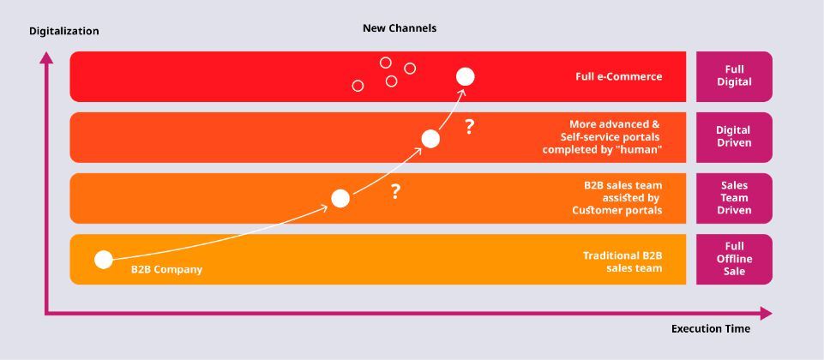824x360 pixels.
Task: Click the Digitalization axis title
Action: pyautogui.click(x=64, y=32)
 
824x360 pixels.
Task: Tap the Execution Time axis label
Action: pyautogui.click(x=711, y=329)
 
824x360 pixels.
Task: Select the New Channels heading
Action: pyautogui.click(x=400, y=28)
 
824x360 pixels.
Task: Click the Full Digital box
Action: pyautogui.click(x=734, y=76)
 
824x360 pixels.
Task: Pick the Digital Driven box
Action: pyautogui.click(x=734, y=137)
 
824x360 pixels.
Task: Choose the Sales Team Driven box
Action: pyautogui.click(x=734, y=198)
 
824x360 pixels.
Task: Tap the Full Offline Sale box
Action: pyautogui.click(x=734, y=259)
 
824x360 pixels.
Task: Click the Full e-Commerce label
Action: pyautogui.click(x=618, y=77)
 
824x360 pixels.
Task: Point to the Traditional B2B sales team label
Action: pyautogui.click(x=623, y=261)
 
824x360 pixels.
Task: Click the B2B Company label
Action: pyautogui.click(x=166, y=270)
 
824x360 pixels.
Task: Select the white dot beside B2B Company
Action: pyautogui.click(x=104, y=260)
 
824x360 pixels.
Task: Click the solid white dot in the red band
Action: pyautogui.click(x=465, y=77)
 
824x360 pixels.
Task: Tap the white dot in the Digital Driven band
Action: pyautogui.click(x=430, y=139)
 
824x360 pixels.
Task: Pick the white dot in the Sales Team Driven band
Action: pyautogui.click(x=340, y=198)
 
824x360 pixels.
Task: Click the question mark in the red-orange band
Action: pyautogui.click(x=469, y=127)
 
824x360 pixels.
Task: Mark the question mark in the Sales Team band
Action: pyautogui.click(x=396, y=192)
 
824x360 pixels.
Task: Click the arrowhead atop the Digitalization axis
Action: pyautogui.click(x=47, y=57)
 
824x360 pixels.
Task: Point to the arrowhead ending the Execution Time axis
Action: pyautogui.click(x=767, y=314)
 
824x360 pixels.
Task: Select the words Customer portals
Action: pyautogui.click(x=617, y=210)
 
